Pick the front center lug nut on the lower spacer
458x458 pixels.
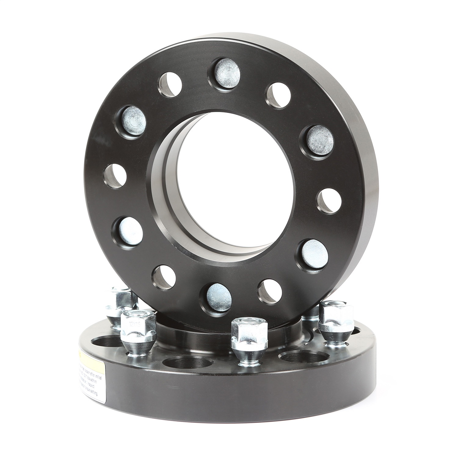click(x=247, y=339)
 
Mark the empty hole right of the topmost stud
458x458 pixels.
click(x=279, y=94)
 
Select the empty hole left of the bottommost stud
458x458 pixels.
click(x=164, y=277)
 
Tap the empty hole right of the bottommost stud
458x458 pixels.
click(x=270, y=290)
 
